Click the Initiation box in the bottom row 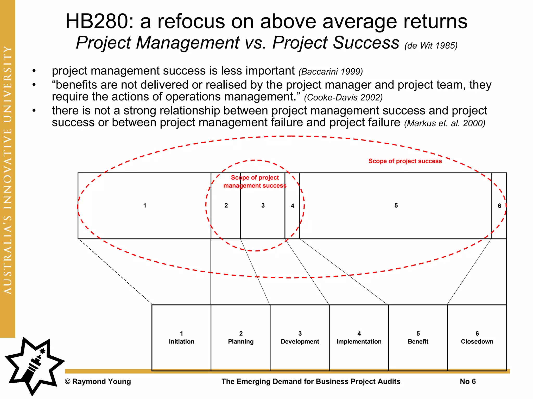pyautogui.click(x=181, y=337)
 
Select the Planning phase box pyautogui.click(x=241, y=337)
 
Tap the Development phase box pyautogui.click(x=300, y=337)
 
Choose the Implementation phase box pyautogui.click(x=359, y=337)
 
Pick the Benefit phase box pyautogui.click(x=418, y=337)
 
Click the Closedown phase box pyautogui.click(x=477, y=337)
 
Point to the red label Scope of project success pyautogui.click(x=405, y=161)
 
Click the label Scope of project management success pyautogui.click(x=255, y=182)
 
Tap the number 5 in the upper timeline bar pyautogui.click(x=396, y=205)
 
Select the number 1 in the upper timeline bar pyautogui.click(x=145, y=205)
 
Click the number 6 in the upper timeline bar pyautogui.click(x=499, y=206)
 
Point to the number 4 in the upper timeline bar pyautogui.click(x=293, y=206)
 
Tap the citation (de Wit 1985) pyautogui.click(x=431, y=46)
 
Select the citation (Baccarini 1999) pyautogui.click(x=331, y=71)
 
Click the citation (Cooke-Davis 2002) pyautogui.click(x=343, y=97)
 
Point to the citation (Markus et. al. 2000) pyautogui.click(x=445, y=123)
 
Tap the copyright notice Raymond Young pyautogui.click(x=98, y=381)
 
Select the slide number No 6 pyautogui.click(x=468, y=381)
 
